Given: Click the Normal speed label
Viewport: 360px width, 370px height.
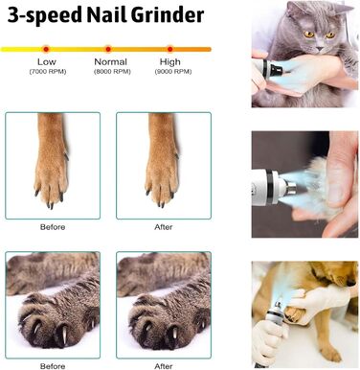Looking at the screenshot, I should click(x=111, y=62).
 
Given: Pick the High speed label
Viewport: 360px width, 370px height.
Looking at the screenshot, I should click(x=171, y=62).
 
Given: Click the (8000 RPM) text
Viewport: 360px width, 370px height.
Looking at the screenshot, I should click(x=111, y=72).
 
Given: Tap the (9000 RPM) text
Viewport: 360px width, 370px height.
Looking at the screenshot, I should click(x=171, y=72).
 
